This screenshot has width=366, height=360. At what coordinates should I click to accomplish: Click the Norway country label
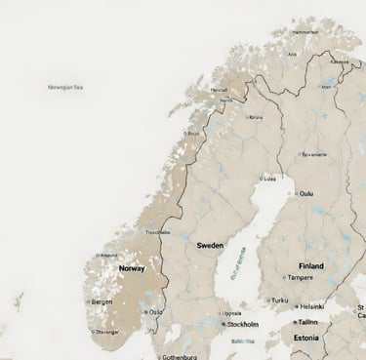132,267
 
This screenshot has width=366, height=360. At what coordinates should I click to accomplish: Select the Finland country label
311,265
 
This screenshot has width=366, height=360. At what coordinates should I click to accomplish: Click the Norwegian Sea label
65,87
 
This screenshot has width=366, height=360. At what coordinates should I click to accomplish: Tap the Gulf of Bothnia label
236,265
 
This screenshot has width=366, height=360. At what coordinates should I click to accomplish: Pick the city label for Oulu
306,193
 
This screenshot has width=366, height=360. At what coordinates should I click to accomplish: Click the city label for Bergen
102,302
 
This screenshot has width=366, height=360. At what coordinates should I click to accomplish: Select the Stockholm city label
242,324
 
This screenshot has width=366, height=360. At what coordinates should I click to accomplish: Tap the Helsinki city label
311,305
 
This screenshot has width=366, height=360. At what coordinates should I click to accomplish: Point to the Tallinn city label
308,321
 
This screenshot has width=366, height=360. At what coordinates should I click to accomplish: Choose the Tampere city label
301,277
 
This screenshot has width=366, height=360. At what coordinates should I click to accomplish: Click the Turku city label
280,300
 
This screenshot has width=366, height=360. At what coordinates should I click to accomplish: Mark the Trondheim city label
157,232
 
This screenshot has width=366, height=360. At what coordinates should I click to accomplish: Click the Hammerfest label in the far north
305,31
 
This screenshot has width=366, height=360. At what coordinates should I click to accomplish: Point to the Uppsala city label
233,313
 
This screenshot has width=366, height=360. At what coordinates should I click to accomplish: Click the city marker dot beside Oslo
144,311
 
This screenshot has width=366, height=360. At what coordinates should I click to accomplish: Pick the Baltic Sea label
243,340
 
